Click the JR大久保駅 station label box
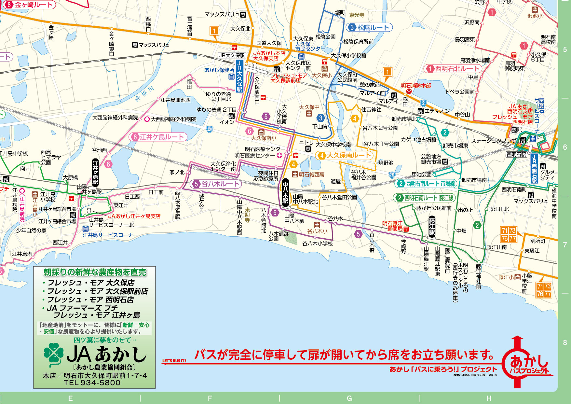[x=240, y=76]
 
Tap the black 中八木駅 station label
[x=285, y=192]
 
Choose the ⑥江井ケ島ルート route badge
[x=158, y=137]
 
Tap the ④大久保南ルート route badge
[x=345, y=155]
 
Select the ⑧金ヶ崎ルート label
[x=29, y=5]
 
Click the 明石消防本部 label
[x=415, y=86]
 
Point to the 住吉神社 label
[x=371, y=110]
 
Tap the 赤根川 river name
[x=144, y=93]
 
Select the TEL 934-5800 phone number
[x=92, y=383]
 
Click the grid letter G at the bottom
[x=349, y=398]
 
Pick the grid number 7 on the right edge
[x=565, y=245]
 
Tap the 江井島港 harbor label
[x=22, y=254]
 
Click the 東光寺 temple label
[x=357, y=15]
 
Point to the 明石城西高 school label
[x=311, y=175]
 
